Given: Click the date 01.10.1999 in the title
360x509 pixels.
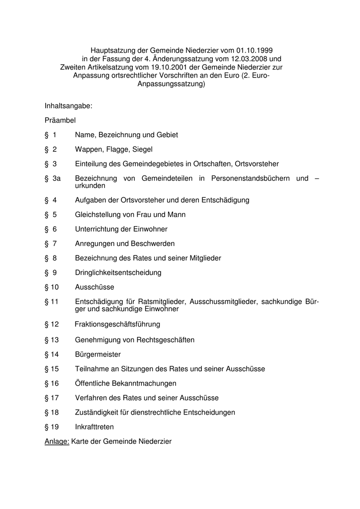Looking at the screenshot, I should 255,50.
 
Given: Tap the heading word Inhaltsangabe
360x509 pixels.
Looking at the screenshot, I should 68,106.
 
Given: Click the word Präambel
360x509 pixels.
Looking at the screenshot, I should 60,120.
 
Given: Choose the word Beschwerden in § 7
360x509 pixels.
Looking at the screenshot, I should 153,244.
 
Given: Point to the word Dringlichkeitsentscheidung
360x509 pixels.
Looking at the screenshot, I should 118,273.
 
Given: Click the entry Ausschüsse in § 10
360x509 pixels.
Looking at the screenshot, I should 94,287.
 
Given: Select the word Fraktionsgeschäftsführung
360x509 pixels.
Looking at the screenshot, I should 117,325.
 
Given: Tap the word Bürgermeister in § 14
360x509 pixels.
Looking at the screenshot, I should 98,354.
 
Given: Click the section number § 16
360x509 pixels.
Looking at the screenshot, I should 52,383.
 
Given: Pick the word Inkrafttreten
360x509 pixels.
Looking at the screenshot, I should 94,427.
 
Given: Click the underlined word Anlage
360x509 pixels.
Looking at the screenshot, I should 57,441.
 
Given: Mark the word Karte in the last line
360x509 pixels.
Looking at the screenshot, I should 81,441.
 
